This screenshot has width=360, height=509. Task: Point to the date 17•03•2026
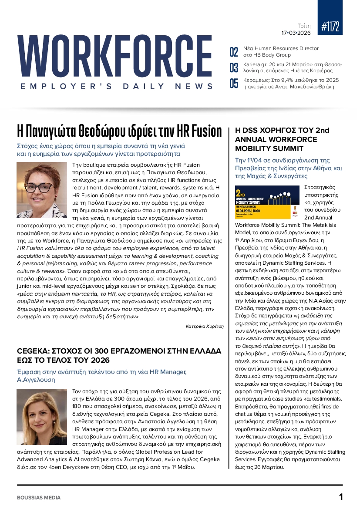[296, 33]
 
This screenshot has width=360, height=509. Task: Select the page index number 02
[234, 52]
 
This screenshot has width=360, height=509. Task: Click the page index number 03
[234, 67]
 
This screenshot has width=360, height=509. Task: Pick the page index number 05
[234, 83]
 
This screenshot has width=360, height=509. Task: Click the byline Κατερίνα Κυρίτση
[205, 326]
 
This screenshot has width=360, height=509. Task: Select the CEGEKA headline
[119, 355]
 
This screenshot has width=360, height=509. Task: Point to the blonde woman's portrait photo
[41, 417]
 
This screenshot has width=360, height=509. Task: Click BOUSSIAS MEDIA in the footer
[39, 497]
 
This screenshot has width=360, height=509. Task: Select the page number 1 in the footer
[341, 497]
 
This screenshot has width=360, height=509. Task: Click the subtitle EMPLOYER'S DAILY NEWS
[117, 86]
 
